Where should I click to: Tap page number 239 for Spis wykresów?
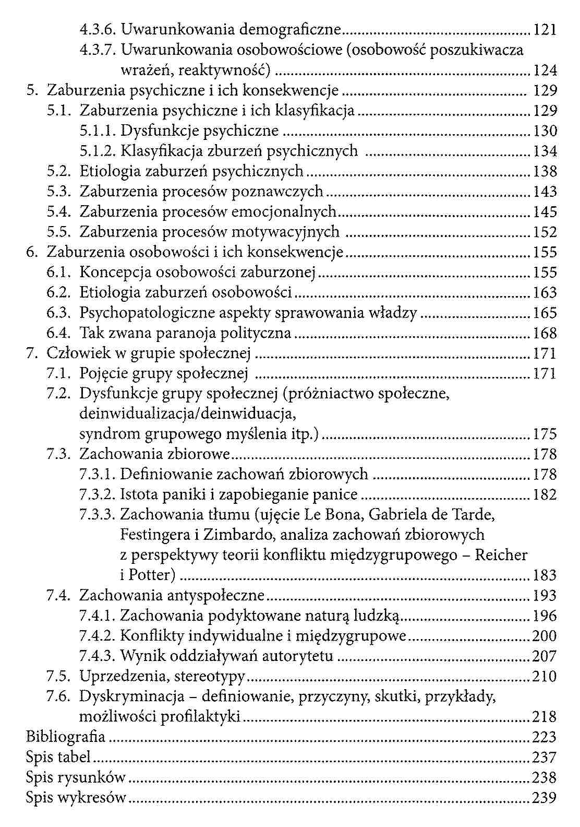(545, 797)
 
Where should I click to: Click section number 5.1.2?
(98, 151)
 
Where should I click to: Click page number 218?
(545, 717)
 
